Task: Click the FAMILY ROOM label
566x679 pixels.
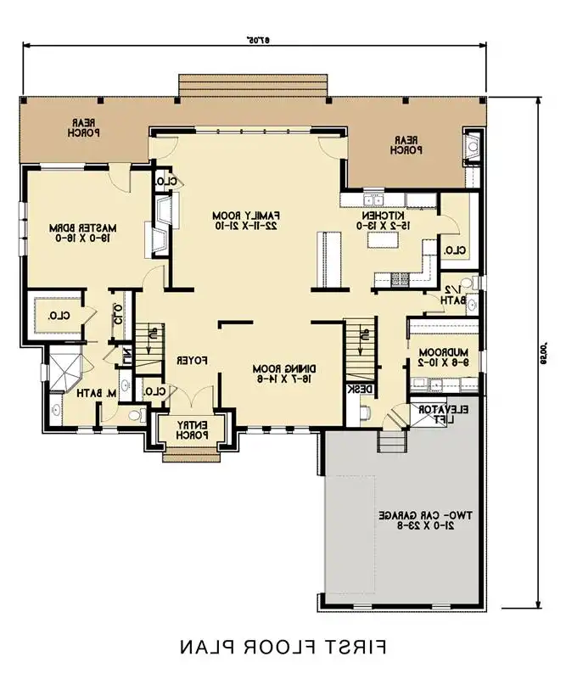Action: coord(246,221)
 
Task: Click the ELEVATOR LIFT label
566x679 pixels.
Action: coord(439,413)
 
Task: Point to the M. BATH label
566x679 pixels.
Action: coord(87,393)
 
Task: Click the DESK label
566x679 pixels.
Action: coord(353,390)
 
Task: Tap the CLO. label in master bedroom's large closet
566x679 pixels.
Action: coord(57,316)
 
